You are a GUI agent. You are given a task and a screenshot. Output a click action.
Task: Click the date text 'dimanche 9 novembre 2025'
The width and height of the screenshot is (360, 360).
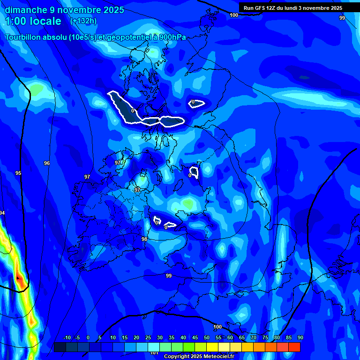[x=65, y=10]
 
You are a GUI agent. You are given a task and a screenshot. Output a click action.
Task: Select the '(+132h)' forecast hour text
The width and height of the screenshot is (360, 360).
[x=83, y=21]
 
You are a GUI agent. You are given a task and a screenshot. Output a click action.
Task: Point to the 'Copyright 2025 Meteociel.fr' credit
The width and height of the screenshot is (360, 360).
[x=199, y=356]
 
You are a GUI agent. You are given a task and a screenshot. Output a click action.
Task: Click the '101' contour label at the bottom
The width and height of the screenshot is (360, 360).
[x=154, y=352]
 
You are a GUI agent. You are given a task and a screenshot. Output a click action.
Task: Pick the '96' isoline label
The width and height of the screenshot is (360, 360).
[x=47, y=163]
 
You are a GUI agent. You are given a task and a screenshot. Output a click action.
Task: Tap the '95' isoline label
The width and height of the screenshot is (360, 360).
[x=18, y=173]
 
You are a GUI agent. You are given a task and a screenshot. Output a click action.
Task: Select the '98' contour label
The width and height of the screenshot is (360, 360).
[x=144, y=239]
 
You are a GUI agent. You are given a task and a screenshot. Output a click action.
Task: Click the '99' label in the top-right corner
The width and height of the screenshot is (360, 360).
[x=342, y=18]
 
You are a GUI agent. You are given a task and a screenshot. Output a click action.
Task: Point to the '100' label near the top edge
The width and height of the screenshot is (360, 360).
[x=234, y=15]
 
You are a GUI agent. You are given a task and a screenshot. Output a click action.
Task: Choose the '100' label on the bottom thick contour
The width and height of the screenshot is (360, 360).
[x=217, y=327]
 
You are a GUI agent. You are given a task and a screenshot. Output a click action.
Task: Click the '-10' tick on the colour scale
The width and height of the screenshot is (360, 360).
[x=67, y=338]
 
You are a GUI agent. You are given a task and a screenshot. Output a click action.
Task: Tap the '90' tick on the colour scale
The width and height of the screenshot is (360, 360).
[x=300, y=338]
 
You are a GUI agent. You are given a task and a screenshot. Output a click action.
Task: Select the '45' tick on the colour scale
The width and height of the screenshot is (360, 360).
[x=195, y=338]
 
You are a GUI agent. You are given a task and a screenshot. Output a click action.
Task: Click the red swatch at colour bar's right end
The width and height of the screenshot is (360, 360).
[x=294, y=347]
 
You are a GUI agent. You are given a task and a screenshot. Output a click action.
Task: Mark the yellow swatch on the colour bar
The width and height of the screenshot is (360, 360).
[x=212, y=347]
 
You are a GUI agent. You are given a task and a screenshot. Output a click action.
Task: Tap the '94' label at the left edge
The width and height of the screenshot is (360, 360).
[x=2, y=213]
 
